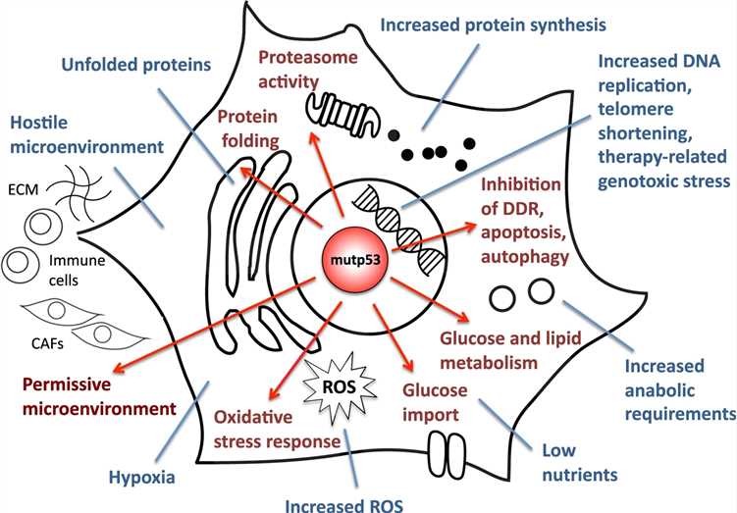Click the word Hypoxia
135,478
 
